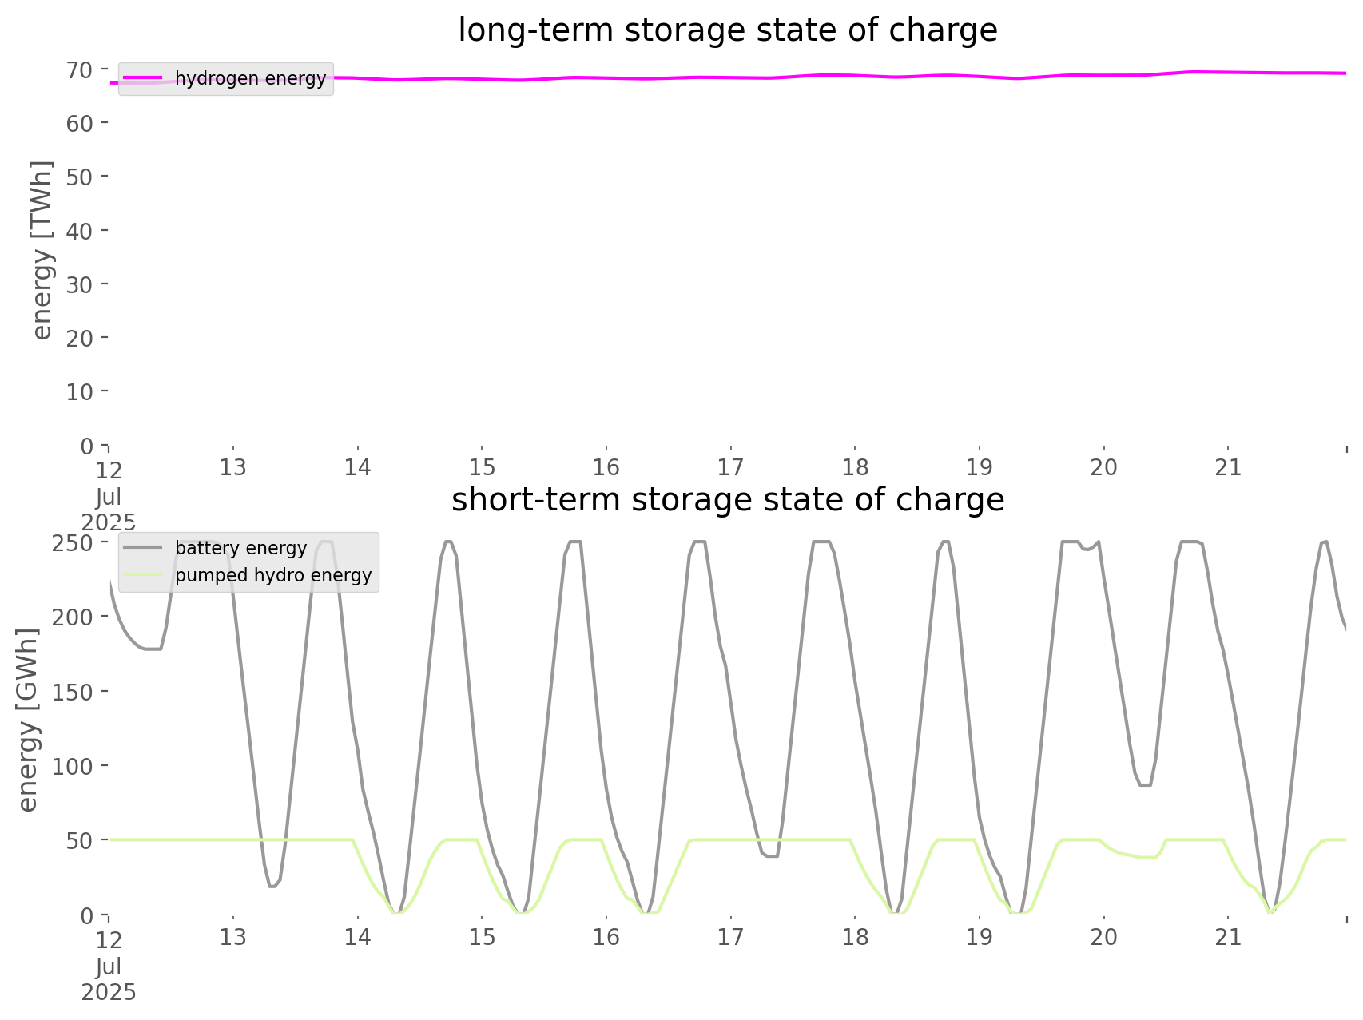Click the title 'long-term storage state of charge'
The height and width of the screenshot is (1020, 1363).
(727, 30)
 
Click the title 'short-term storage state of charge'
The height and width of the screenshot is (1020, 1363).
(727, 500)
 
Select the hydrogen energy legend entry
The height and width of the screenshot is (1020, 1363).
(250, 78)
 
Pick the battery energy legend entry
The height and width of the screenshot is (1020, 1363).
(240, 548)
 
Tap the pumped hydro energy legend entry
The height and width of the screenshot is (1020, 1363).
(273, 575)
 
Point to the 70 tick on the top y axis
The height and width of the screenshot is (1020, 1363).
(79, 70)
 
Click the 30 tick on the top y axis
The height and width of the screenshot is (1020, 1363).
(79, 284)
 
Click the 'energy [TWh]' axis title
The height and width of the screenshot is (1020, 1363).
(42, 250)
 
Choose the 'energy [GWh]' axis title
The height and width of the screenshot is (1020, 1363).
(27, 720)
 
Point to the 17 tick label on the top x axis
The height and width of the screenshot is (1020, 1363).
(730, 467)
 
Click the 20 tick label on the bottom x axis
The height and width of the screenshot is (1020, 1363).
(1103, 937)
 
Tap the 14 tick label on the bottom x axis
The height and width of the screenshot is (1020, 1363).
(357, 937)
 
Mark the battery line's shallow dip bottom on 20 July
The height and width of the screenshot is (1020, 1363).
(1146, 785)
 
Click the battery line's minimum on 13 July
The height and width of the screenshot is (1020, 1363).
(272, 886)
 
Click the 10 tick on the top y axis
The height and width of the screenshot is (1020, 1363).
(79, 392)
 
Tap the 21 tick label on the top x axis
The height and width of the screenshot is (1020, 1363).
(1228, 467)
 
